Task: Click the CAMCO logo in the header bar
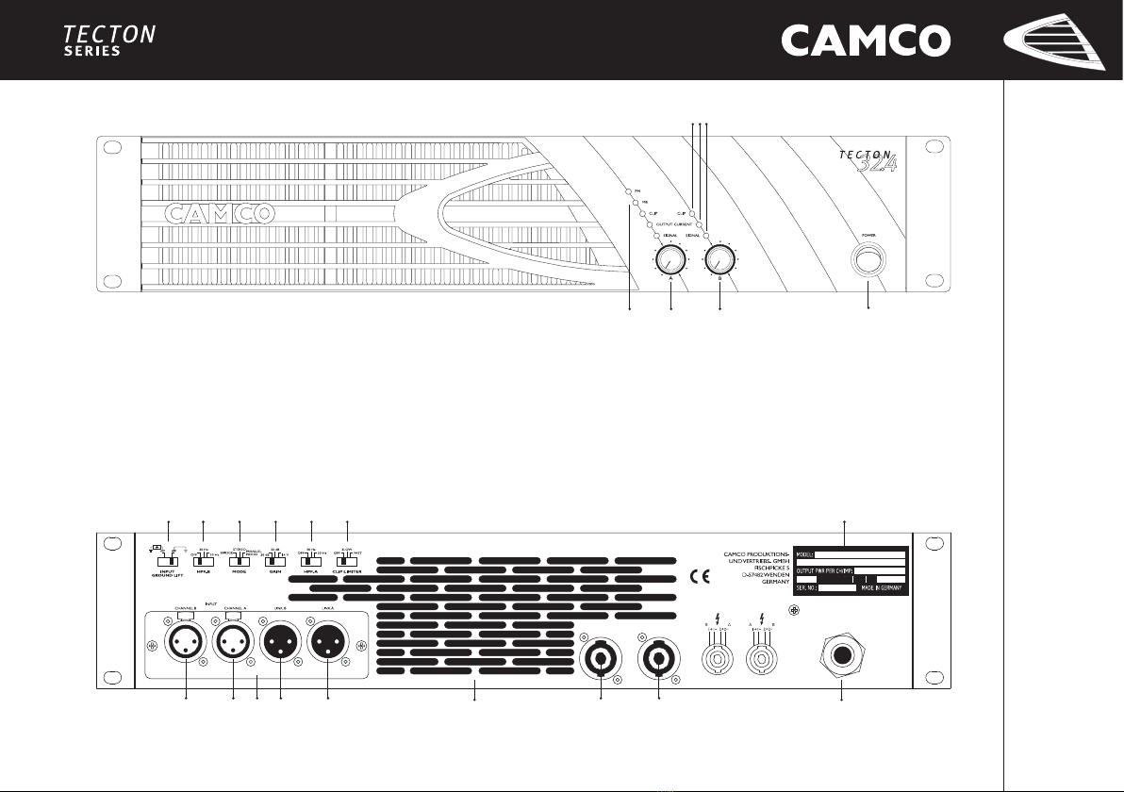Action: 866,41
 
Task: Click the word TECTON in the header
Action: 109,35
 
